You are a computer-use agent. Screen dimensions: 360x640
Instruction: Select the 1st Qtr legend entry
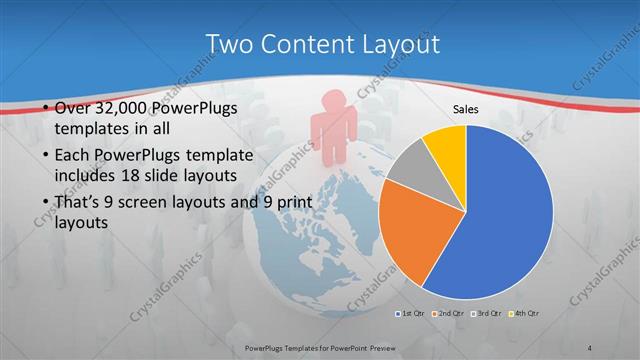[412, 315]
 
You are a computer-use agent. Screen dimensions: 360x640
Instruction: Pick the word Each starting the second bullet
[66, 156]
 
